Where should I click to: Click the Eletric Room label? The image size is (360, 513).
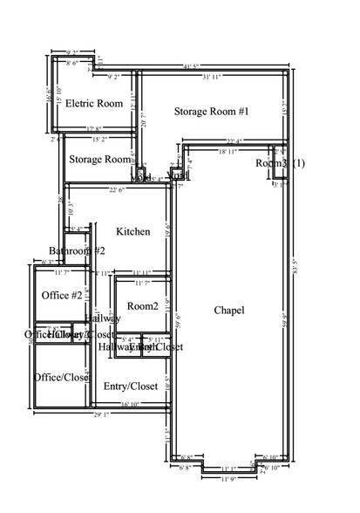[x=94, y=104]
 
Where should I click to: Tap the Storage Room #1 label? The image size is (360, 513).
[x=212, y=112]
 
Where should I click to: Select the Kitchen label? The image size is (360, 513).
[x=133, y=231]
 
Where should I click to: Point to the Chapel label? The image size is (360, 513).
[x=228, y=311]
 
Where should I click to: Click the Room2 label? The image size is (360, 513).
[x=142, y=306]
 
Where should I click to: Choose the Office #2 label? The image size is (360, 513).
[x=62, y=296]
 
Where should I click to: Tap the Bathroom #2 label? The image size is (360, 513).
[x=77, y=251]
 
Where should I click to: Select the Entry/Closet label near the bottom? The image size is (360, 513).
[x=130, y=386]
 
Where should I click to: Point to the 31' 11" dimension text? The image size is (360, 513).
[x=210, y=79]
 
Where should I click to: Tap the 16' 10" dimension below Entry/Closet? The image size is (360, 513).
[x=131, y=404]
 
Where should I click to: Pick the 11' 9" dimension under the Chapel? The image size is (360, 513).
[x=228, y=479]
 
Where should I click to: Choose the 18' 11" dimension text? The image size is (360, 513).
[x=228, y=152]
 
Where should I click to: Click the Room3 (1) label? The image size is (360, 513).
[x=280, y=163]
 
